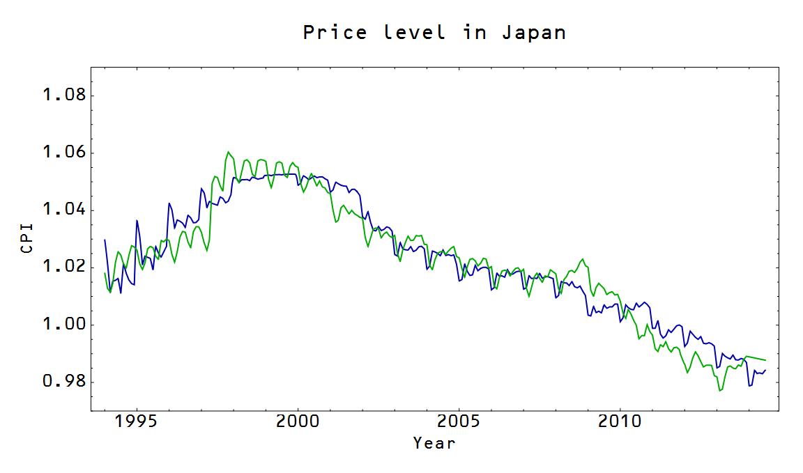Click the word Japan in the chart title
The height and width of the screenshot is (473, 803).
pyautogui.click(x=534, y=32)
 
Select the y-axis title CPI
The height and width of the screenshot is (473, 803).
pyautogui.click(x=27, y=238)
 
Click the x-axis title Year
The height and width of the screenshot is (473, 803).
pyautogui.click(x=434, y=442)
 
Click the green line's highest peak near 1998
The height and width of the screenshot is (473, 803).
pyautogui.click(x=228, y=152)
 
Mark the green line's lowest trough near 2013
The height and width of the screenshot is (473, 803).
pyautogui.click(x=720, y=391)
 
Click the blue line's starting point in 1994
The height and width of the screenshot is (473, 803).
pyautogui.click(x=105, y=240)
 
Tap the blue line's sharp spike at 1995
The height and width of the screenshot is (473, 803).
pyautogui.click(x=137, y=220)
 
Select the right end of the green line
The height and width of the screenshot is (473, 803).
pyautogui.click(x=766, y=360)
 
